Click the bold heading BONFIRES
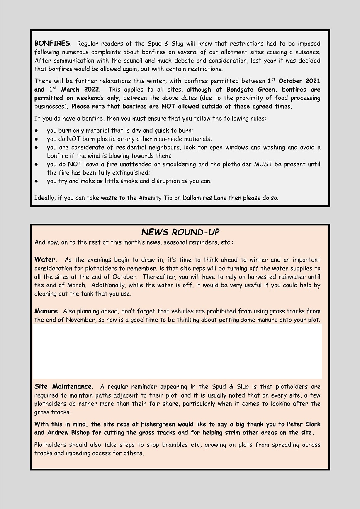[x=52, y=43]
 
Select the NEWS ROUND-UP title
[x=180, y=232]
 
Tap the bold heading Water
[x=45, y=260]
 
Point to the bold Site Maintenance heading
[x=63, y=387]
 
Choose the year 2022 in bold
[x=91, y=90]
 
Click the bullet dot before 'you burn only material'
[x=36, y=131]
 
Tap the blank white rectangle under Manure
[x=178, y=351]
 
